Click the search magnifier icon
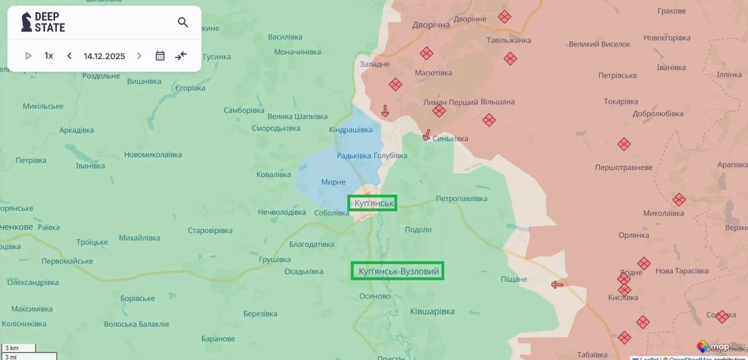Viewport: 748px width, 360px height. (x=183, y=22)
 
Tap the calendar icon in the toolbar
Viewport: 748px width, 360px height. (x=160, y=56)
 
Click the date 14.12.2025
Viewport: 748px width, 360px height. (x=104, y=56)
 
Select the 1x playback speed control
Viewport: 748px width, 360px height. (x=49, y=56)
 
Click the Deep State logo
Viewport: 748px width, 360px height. (x=44, y=22)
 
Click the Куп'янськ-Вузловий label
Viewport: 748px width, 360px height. (x=398, y=271)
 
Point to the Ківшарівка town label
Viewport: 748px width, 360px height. (x=432, y=311)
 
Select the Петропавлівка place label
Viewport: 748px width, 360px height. (x=462, y=199)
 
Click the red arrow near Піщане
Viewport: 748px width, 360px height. (x=557, y=284)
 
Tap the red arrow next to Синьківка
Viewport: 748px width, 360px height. (x=427, y=135)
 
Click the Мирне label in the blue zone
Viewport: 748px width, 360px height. (x=333, y=182)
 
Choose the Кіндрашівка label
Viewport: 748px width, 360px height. (x=351, y=130)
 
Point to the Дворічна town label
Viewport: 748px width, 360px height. (x=431, y=25)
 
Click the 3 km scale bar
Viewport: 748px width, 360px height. (x=18, y=348)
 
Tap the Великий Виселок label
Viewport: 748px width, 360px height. (x=599, y=44)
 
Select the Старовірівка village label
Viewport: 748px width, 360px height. (x=210, y=230)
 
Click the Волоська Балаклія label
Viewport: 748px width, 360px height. (x=136, y=324)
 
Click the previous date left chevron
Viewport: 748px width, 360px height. (x=69, y=56)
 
